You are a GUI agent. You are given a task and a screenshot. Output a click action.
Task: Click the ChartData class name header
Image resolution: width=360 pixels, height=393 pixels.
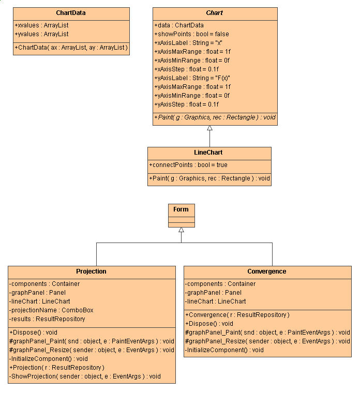point(71,13)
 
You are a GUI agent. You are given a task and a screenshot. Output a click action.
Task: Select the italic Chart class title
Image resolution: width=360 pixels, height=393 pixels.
point(215,13)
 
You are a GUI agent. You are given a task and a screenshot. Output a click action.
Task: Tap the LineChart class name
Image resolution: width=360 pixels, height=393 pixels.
point(209,153)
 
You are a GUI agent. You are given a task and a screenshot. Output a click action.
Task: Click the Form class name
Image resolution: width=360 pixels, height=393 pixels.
point(181,209)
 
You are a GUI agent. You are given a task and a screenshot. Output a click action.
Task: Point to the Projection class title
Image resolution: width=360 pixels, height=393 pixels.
point(91,271)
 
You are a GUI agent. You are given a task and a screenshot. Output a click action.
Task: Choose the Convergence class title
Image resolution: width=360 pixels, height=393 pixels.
point(267,271)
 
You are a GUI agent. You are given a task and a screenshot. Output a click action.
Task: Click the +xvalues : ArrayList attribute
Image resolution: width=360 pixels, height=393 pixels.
point(42,25)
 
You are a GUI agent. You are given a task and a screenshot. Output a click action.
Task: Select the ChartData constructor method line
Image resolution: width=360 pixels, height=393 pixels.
point(71,48)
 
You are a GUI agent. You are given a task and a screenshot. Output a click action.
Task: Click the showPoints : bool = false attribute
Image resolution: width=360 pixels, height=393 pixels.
point(191,34)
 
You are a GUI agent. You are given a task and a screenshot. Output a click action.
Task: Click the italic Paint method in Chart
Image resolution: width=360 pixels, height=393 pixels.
point(215,117)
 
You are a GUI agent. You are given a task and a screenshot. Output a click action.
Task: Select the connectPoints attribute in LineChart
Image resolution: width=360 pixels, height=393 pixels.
point(188,165)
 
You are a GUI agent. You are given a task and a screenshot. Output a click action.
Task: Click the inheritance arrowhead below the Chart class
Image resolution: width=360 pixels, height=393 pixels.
point(209,127)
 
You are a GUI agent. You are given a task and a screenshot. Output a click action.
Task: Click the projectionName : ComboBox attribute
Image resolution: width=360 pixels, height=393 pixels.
point(51,310)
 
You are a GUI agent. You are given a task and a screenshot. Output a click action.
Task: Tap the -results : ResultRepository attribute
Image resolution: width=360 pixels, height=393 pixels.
point(47,319)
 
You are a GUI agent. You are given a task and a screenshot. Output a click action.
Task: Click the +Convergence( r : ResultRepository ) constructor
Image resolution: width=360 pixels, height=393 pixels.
point(237,314)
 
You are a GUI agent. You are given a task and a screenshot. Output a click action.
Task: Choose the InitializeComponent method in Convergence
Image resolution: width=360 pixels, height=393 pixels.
point(224,350)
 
